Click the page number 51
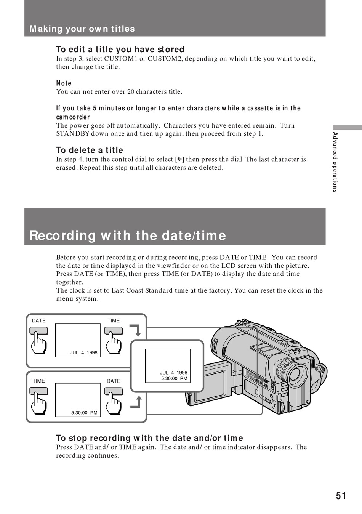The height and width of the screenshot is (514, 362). [x=341, y=495]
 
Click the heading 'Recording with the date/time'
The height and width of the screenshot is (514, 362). [x=128, y=235]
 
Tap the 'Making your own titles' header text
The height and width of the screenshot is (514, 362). [x=82, y=29]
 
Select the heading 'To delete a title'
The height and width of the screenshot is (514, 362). [x=90, y=150]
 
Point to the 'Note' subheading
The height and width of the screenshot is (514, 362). [x=64, y=83]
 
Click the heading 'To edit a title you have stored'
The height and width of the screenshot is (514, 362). [x=120, y=50]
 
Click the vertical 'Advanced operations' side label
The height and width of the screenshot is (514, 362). [x=335, y=162]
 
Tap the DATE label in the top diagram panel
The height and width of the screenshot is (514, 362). [x=38, y=321]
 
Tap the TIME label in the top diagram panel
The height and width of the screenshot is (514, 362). [x=113, y=321]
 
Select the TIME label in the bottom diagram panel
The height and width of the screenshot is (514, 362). [x=38, y=381]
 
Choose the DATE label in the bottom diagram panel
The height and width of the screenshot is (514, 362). [x=113, y=381]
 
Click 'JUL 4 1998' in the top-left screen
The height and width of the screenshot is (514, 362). [x=83, y=353]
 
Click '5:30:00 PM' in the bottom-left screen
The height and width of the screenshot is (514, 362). [x=84, y=413]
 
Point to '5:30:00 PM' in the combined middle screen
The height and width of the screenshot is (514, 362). [x=174, y=379]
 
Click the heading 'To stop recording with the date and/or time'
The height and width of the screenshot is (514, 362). [x=149, y=438]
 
